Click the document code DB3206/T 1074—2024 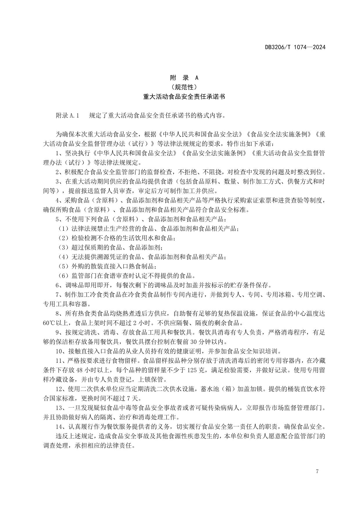point(295,47)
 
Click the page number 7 point(317,472)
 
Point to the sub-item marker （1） point(63,229)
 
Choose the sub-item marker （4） point(63,257)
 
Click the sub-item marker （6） point(63,276)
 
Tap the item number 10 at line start point(59,351)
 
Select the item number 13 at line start point(59,408)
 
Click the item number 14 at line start point(59,427)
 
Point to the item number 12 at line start point(59,389)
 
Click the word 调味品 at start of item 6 point(74,285)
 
